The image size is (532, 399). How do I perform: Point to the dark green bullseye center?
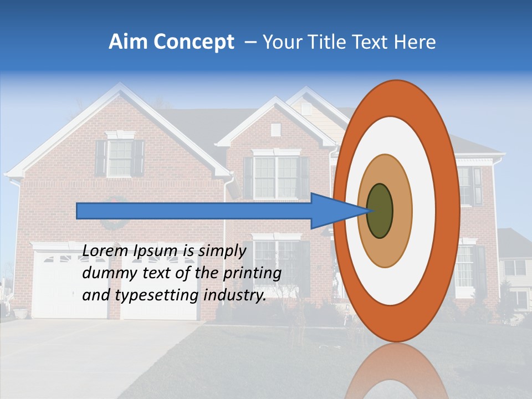click(x=380, y=211)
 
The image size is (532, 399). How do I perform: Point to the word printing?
click(x=254, y=273)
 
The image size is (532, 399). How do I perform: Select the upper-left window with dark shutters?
click(x=119, y=157)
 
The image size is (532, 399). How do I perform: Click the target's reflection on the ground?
click(x=397, y=371)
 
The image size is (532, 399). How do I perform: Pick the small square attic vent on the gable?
click(x=275, y=130)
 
